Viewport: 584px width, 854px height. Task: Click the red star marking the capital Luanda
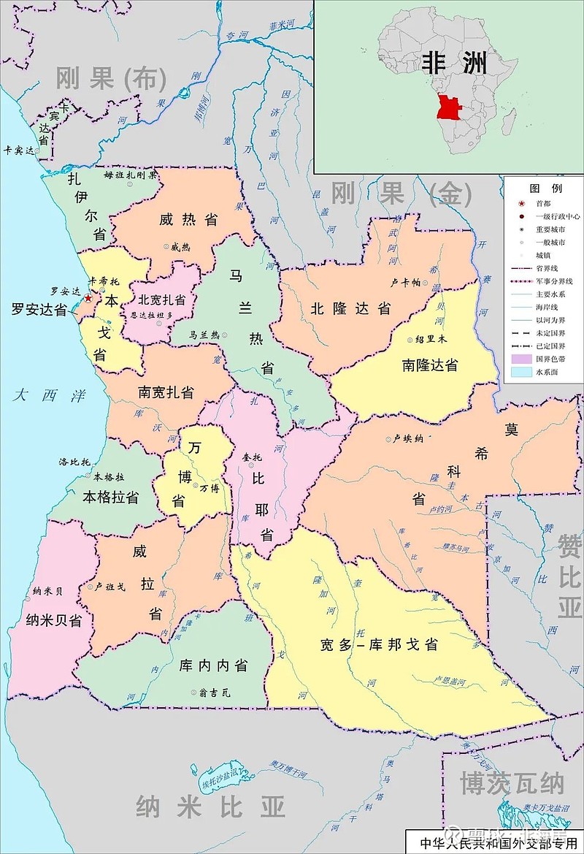(88, 298)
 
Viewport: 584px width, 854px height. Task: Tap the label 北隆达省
(350, 308)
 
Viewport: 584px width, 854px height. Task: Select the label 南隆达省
(429, 365)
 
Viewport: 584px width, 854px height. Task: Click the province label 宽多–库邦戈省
(378, 644)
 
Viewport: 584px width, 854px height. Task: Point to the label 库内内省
(214, 666)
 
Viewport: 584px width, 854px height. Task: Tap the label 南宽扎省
(166, 392)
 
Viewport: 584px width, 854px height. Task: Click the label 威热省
(189, 219)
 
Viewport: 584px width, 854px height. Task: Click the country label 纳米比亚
(210, 808)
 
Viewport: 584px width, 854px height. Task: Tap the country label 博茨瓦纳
(512, 783)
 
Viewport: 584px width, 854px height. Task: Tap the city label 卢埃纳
(408, 438)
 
